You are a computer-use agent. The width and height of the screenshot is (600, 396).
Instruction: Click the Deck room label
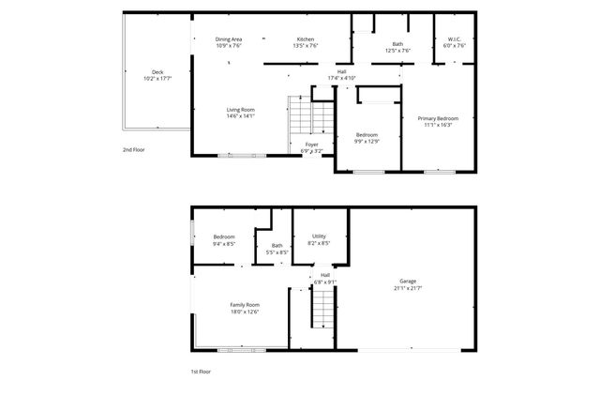tap(157, 71)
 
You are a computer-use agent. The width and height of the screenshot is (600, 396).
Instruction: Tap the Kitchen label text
tap(306, 38)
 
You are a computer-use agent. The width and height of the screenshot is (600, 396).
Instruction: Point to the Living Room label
tap(240, 110)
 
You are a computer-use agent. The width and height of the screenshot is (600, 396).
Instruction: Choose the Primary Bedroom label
tap(438, 118)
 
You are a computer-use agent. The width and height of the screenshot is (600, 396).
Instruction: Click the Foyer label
tap(311, 145)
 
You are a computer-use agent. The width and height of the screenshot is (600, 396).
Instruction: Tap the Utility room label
tap(319, 236)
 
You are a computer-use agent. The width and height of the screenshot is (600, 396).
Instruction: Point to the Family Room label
tap(246, 305)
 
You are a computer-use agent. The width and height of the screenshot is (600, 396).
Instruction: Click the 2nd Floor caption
tap(134, 150)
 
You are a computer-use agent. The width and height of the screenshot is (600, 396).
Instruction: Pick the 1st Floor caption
tap(201, 372)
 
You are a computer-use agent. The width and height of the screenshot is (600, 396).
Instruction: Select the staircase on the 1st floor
tap(323, 306)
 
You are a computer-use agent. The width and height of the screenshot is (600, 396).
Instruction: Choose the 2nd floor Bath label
tap(397, 44)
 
